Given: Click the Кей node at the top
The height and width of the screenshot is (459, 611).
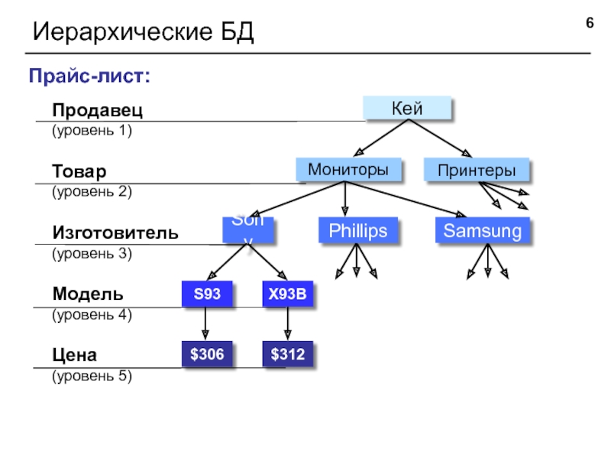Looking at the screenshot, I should [406, 109].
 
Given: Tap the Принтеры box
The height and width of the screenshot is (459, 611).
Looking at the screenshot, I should [476, 170].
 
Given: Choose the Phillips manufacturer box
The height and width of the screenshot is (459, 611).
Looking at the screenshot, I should [357, 230].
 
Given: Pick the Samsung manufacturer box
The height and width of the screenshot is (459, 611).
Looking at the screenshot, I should [483, 231].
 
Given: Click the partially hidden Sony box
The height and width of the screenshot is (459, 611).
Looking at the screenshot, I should [247, 230].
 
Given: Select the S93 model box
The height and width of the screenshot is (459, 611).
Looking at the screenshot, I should [205, 294].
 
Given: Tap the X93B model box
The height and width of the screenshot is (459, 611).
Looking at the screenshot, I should [287, 294].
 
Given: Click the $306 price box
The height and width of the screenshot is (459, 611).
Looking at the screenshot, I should [206, 354].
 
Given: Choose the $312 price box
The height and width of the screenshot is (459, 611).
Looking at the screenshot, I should [287, 354].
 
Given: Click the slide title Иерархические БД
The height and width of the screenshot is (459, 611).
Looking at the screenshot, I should [142, 32].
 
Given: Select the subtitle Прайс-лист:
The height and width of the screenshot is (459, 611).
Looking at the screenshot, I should [89, 76].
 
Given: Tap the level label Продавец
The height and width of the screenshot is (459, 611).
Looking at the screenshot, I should [97, 111].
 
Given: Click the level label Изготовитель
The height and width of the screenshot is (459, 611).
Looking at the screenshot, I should [115, 233].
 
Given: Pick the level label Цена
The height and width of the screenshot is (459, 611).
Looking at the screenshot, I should [74, 355].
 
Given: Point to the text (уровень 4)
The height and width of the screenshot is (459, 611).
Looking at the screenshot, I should [92, 314].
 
